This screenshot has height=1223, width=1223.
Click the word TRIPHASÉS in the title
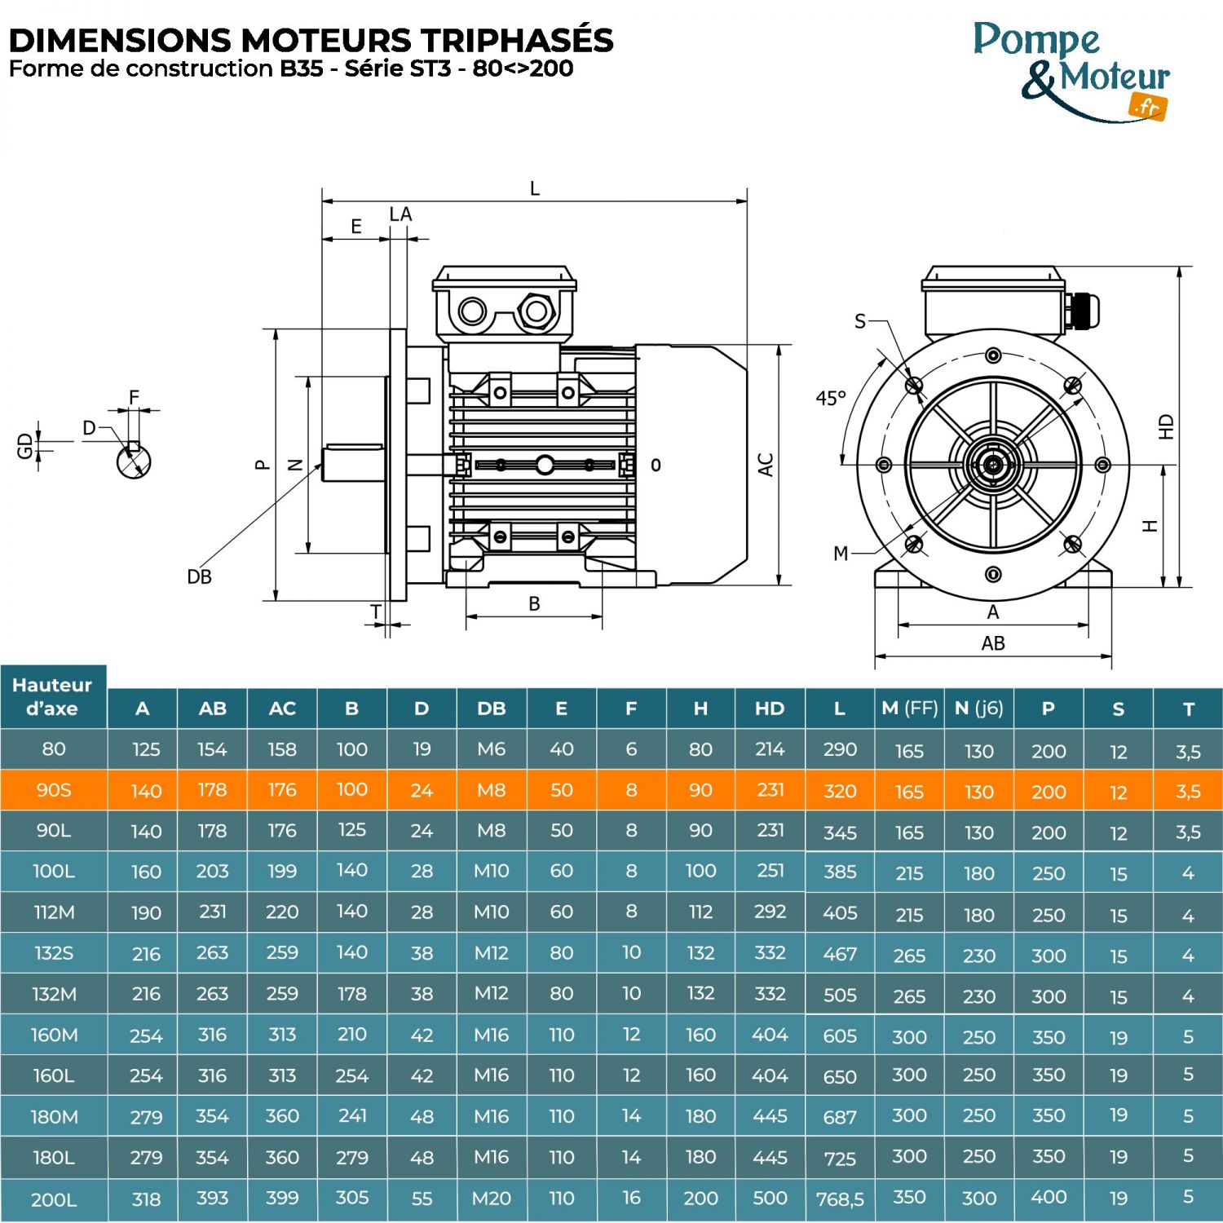click(517, 40)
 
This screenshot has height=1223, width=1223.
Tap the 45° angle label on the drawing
click(831, 399)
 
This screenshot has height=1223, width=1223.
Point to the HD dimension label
click(1167, 426)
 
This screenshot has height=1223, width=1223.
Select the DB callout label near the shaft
click(199, 577)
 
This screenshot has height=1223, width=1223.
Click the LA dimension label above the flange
click(400, 214)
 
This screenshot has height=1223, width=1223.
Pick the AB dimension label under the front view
click(993, 643)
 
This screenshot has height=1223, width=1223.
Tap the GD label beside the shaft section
click(25, 445)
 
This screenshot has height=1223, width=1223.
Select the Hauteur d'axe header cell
click(53, 697)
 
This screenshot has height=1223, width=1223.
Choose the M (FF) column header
click(909, 709)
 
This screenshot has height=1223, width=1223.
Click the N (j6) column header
click(978, 709)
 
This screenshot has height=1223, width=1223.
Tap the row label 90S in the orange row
click(54, 790)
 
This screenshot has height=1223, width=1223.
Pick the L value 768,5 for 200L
click(840, 1199)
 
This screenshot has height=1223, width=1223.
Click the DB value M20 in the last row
click(491, 1199)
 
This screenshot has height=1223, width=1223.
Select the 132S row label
click(54, 953)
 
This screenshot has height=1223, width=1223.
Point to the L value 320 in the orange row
click(840, 791)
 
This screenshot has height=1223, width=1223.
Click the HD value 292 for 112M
click(770, 912)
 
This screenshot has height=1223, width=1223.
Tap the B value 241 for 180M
click(351, 1115)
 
